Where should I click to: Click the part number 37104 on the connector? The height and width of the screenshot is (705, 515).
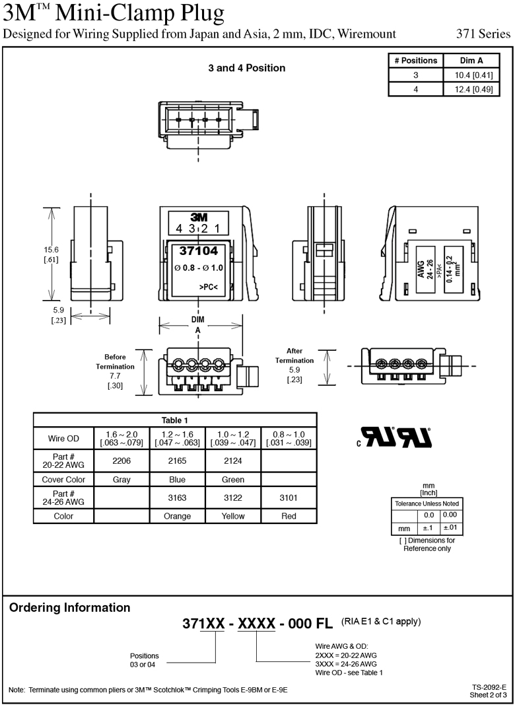[198, 251]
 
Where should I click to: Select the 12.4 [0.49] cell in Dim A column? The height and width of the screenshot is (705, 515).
[471, 89]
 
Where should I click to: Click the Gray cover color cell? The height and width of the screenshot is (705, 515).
[121, 479]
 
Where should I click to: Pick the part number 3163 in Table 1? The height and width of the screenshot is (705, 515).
[178, 498]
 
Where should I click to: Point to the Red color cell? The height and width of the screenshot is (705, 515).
[289, 516]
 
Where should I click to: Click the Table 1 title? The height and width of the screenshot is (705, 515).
[175, 420]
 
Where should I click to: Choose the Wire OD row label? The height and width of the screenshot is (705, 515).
[63, 438]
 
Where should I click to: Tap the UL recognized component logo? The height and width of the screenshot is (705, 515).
[396, 436]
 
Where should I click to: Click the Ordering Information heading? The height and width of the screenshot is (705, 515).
[69, 608]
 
